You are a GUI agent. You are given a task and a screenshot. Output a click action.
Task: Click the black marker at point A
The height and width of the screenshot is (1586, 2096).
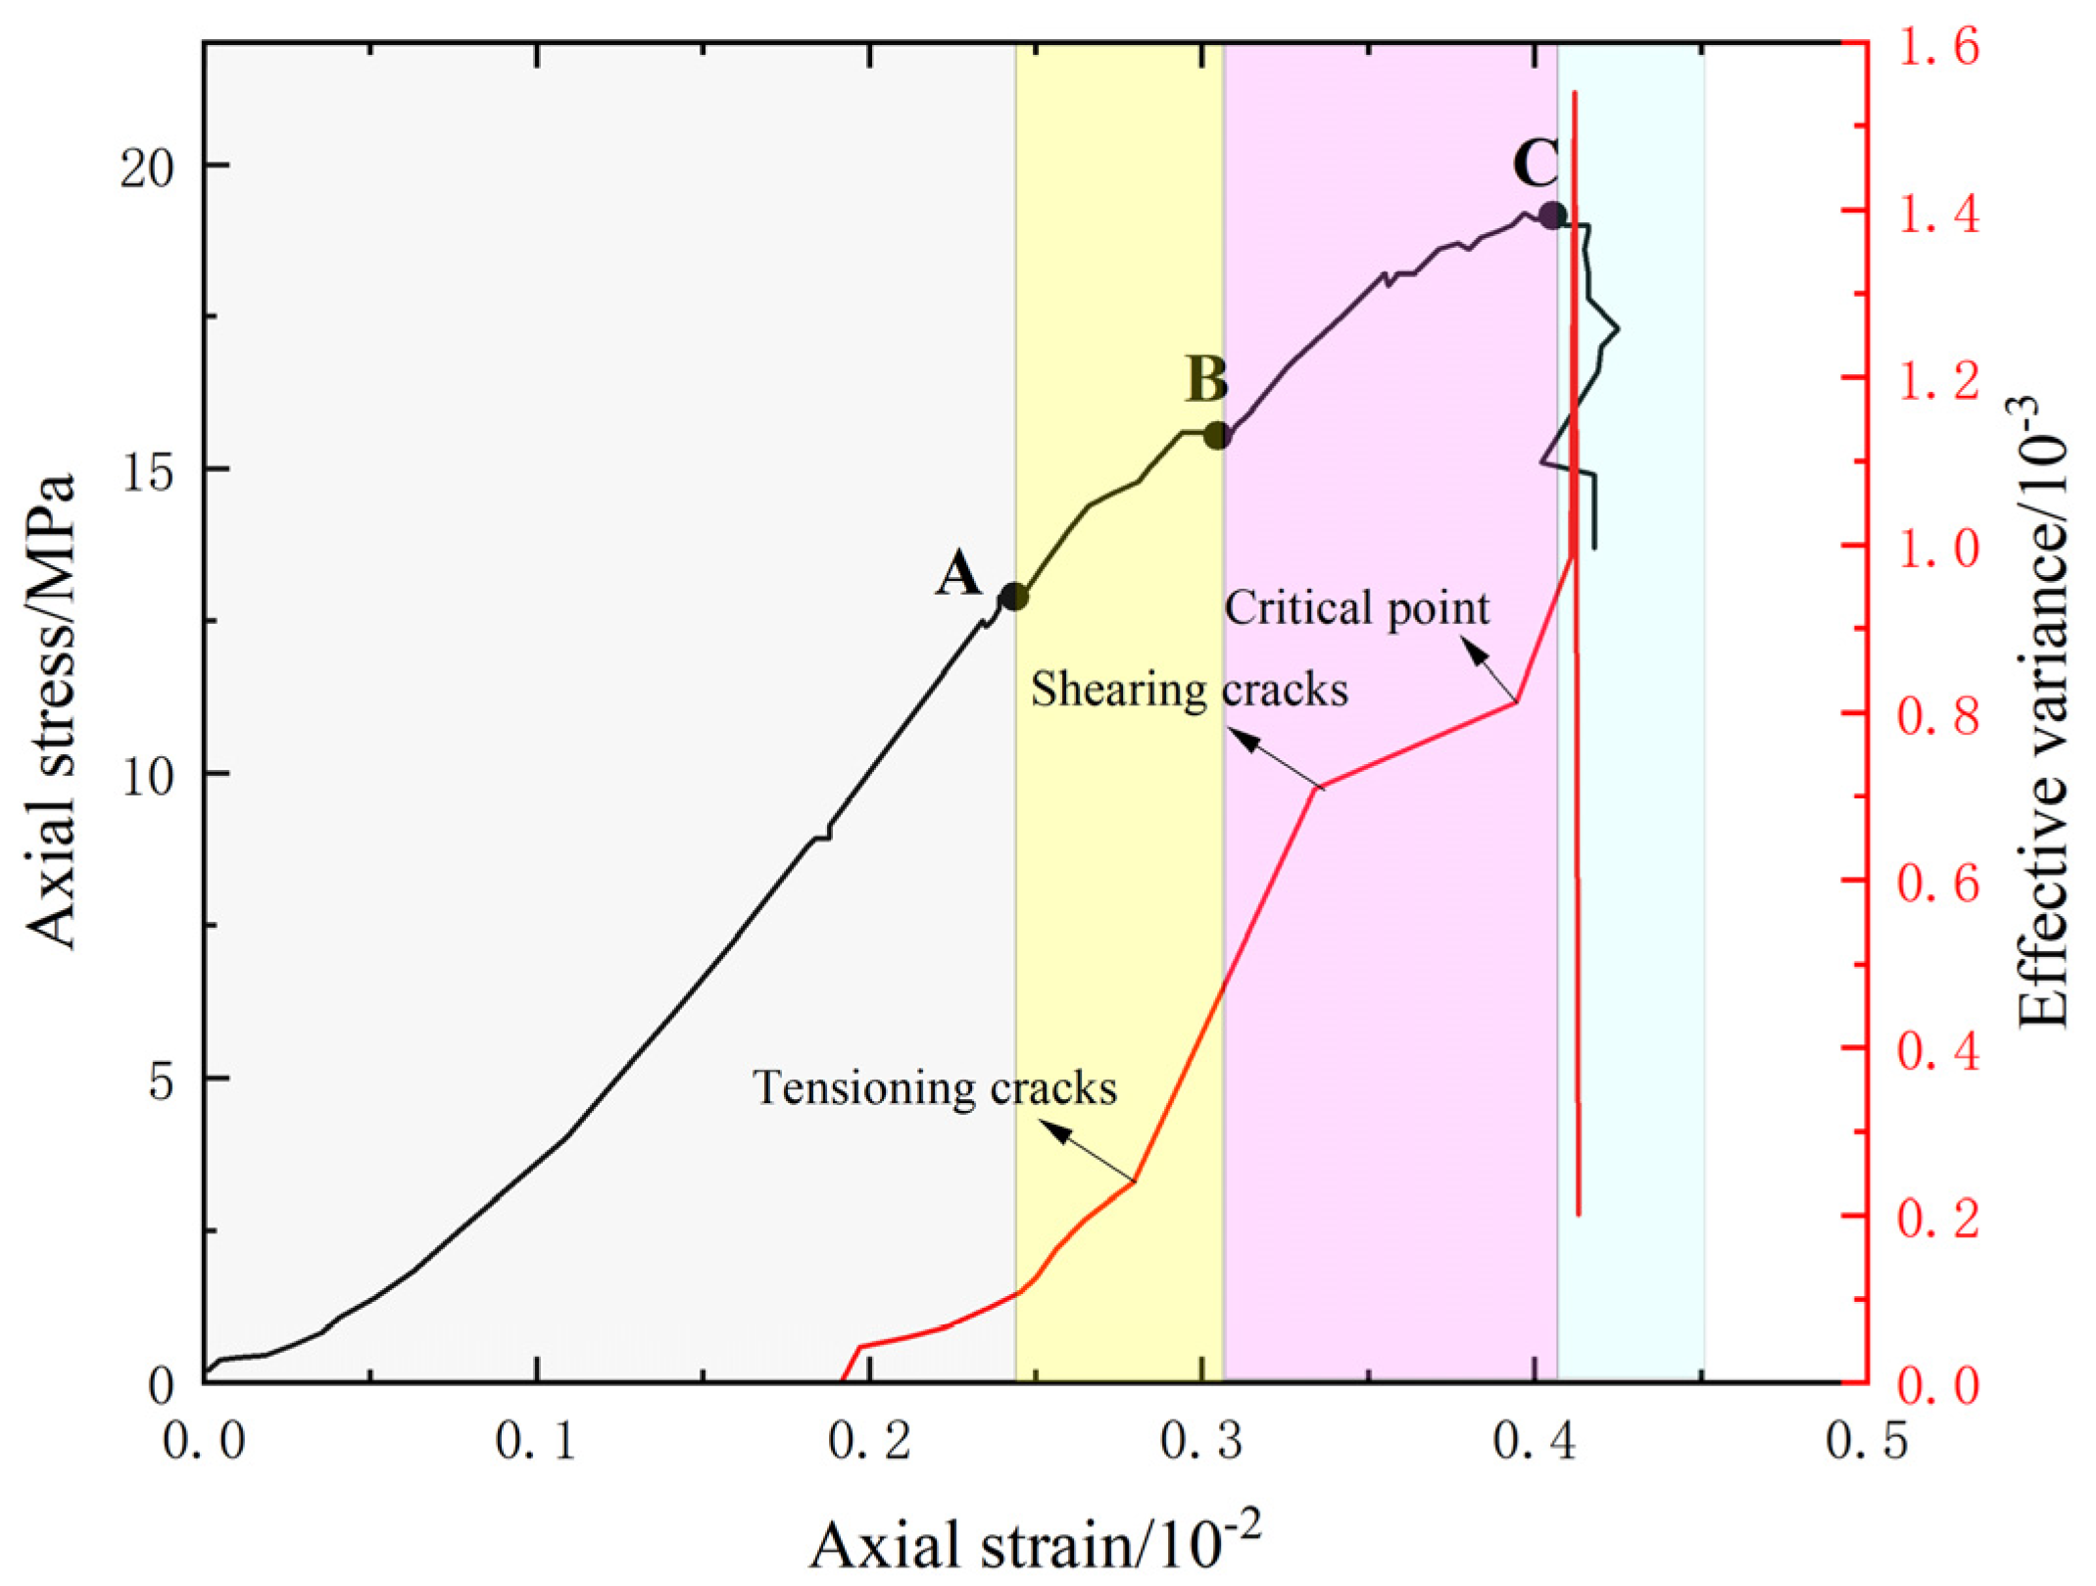pyautogui.click(x=1014, y=597)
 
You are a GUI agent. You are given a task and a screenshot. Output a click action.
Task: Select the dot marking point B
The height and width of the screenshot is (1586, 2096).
pyautogui.click(x=1217, y=436)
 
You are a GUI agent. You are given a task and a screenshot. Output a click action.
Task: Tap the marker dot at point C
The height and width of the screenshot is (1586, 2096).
pyautogui.click(x=1552, y=216)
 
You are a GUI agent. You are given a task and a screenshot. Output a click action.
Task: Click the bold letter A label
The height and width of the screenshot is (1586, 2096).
pyautogui.click(x=958, y=573)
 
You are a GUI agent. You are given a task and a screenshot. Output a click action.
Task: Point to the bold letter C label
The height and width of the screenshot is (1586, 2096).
pyautogui.click(x=1535, y=164)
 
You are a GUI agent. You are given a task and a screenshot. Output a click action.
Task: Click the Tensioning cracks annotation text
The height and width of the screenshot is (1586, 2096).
pyautogui.click(x=935, y=1087)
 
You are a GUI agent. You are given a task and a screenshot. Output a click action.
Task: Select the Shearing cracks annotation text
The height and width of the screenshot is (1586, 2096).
pyautogui.click(x=1189, y=690)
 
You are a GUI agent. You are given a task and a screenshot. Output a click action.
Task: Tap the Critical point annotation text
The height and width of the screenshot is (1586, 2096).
pyautogui.click(x=1357, y=608)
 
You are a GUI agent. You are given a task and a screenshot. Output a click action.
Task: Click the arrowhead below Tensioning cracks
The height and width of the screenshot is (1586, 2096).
pyautogui.click(x=1053, y=1130)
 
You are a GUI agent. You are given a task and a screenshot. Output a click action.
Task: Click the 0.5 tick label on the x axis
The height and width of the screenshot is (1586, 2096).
pyautogui.click(x=1867, y=1442)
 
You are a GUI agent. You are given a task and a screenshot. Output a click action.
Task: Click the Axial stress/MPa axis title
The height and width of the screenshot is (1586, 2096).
pyautogui.click(x=51, y=712)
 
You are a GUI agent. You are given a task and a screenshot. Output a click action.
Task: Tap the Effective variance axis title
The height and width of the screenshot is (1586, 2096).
pyautogui.click(x=2042, y=712)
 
